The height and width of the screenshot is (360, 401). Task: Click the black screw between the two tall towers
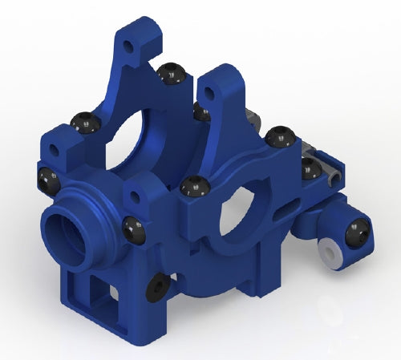170,74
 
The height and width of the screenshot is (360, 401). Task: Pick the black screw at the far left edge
47,178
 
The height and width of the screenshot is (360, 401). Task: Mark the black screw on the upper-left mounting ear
85,123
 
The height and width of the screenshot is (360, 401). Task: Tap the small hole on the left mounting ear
54,150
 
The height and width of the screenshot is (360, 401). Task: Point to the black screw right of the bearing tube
135,231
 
